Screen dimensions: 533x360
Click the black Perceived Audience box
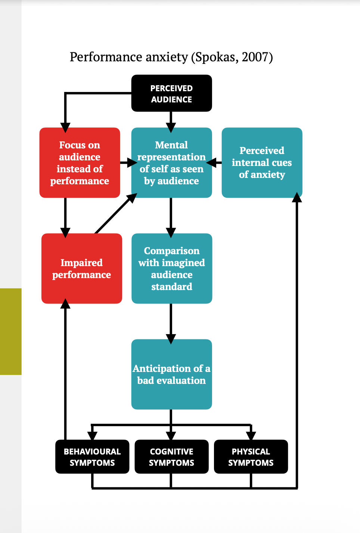tap(171, 93)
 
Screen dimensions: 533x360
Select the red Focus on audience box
tap(80, 163)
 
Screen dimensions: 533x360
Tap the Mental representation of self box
tap(171, 163)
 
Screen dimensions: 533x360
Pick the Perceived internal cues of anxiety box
tap(262, 163)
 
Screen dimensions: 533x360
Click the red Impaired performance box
tap(81, 268)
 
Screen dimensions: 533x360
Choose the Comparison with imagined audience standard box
tap(172, 268)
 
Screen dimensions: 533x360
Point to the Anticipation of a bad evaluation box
tap(171, 374)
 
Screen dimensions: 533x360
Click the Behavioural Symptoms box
tap(92, 457)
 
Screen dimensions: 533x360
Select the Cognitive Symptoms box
tap(171, 457)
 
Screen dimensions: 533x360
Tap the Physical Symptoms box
tap(251, 457)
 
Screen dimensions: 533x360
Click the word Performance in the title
tap(106, 57)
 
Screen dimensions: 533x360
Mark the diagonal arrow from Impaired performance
tap(115, 214)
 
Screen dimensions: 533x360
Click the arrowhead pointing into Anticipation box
tap(171, 339)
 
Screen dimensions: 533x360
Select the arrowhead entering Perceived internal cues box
tap(297, 197)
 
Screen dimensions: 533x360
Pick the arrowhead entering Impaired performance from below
tap(65, 303)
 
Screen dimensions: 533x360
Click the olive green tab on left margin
tap(10, 331)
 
